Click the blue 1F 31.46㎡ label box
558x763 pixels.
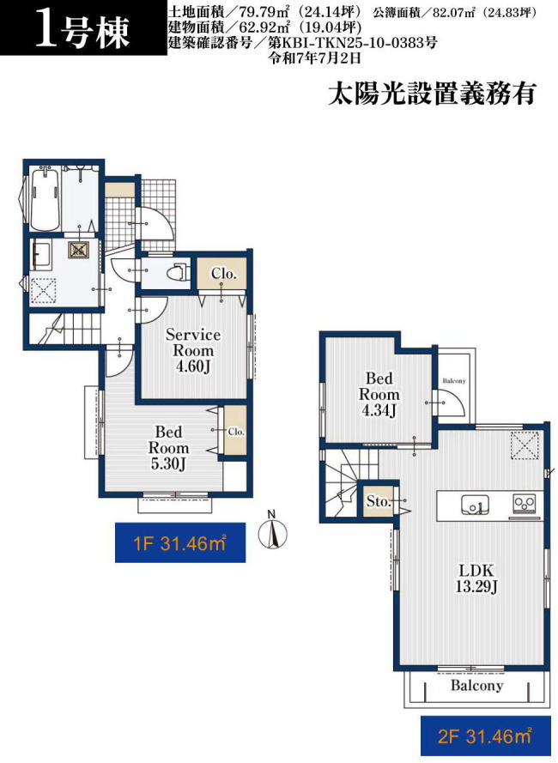pos(180,542)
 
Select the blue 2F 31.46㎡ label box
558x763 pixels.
pos(484,736)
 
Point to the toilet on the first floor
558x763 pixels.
pos(177,272)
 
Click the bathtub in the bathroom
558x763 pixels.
pos(45,198)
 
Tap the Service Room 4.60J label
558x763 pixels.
pos(193,350)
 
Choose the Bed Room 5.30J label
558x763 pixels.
pos(168,448)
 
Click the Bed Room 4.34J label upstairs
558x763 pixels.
pos(379,394)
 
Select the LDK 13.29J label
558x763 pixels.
pos(476,578)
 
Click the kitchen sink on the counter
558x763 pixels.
pos(476,506)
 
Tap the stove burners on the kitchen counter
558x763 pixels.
pos(525,503)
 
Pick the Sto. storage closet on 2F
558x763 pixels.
pos(378,501)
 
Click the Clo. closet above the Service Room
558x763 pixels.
pos(224,274)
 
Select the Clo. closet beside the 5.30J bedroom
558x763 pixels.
pos(235,432)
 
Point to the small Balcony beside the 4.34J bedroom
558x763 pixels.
pos(454,381)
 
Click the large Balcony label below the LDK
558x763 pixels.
pos(476,686)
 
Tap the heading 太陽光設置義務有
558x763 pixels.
pos(432,93)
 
